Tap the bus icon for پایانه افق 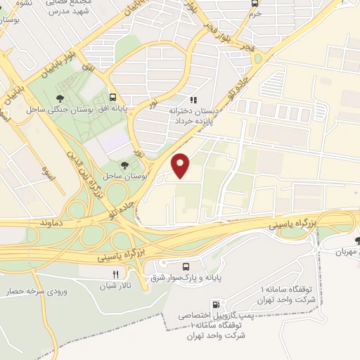pyautogui.click(x=113, y=98)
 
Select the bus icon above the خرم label pyautogui.click(x=255, y=3)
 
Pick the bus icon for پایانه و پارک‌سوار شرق pyautogui.click(x=186, y=267)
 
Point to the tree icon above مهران pyautogui.click(x=358, y=240)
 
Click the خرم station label pyautogui.click(x=255, y=13)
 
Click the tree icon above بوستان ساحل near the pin pyautogui.click(x=124, y=163)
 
